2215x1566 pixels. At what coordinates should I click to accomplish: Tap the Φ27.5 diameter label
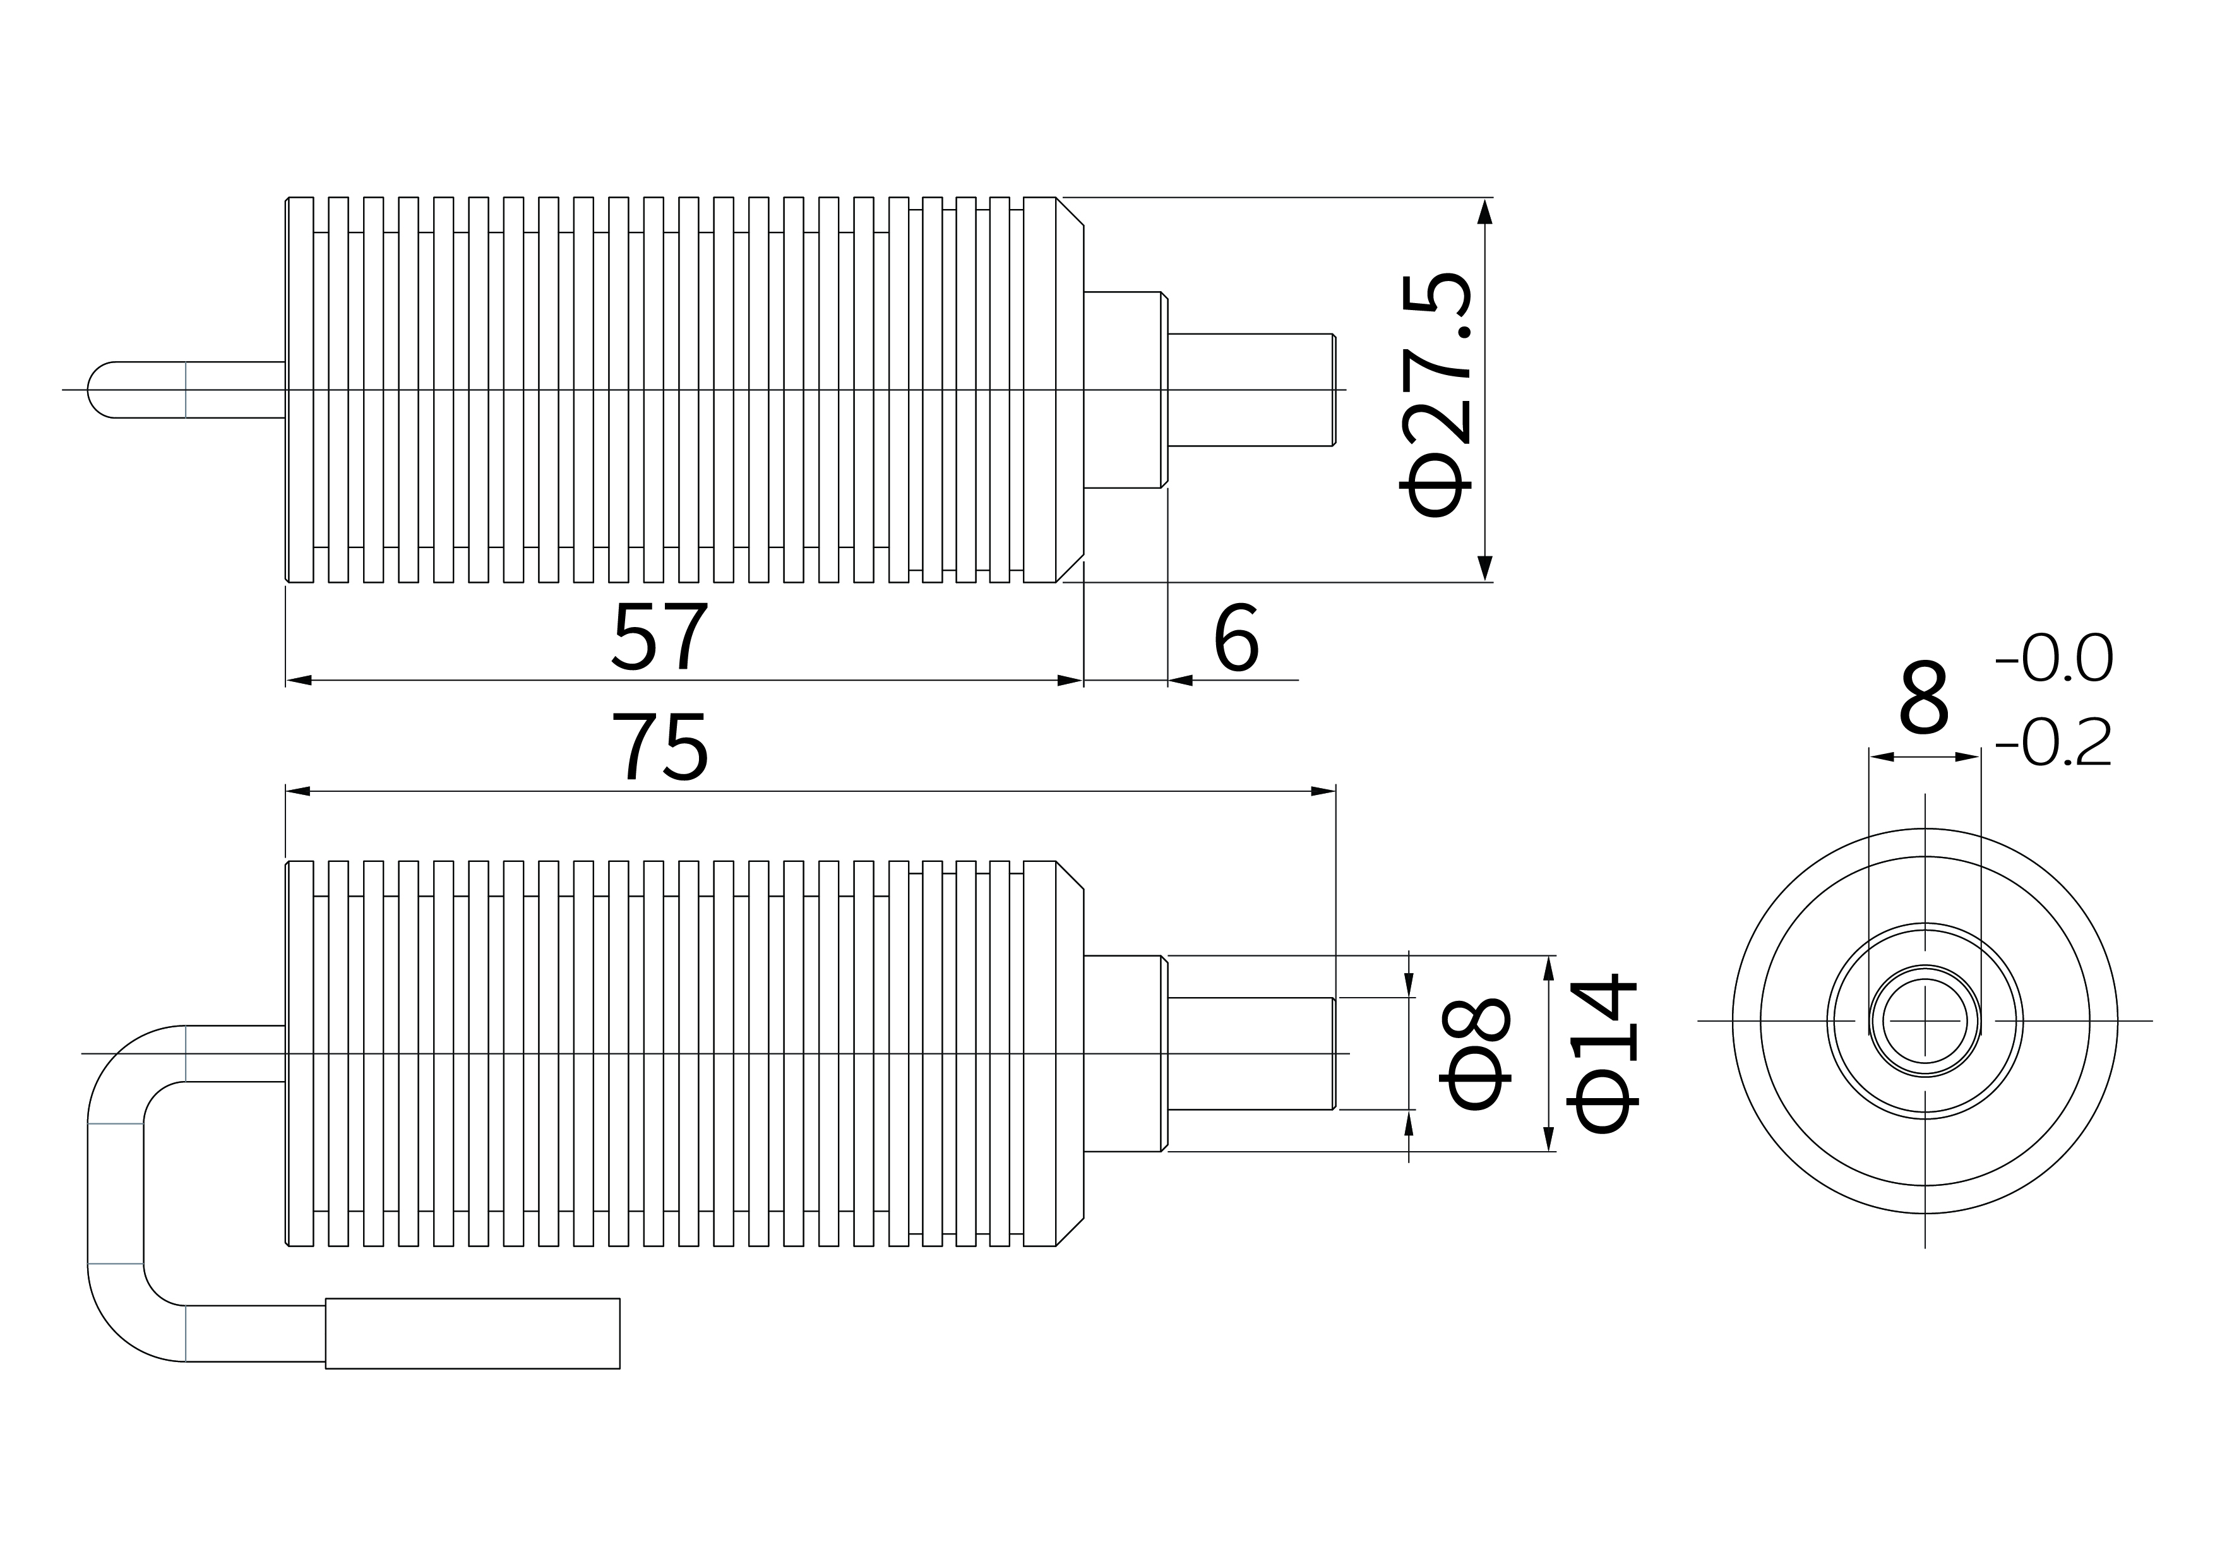pos(1438,395)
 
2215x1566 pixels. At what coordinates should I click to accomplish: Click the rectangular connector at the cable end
pos(473,1334)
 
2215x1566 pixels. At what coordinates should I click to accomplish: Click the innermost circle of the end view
pos(1925,1021)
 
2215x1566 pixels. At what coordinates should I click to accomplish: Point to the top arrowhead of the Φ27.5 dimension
pos(1484,210)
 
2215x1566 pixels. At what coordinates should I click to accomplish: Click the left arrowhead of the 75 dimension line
pos(298,791)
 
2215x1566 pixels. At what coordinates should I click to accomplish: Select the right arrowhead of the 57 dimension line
pos(1071,680)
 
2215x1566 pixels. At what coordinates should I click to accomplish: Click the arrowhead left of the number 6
pos(1180,680)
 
